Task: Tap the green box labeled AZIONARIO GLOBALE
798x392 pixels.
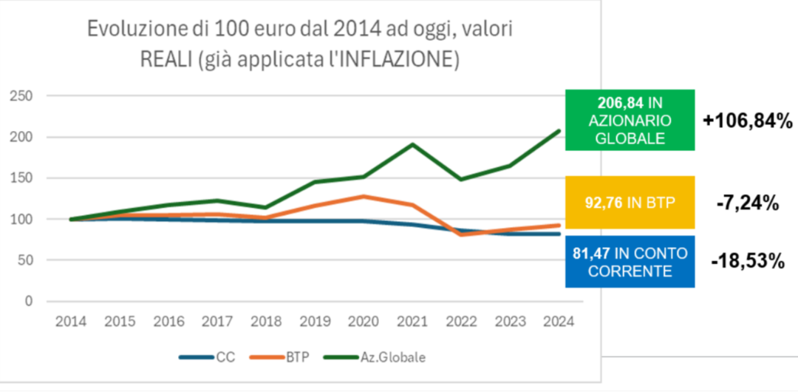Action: click(630, 120)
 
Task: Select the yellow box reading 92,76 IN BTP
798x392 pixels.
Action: click(630, 202)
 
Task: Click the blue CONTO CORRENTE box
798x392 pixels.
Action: click(630, 262)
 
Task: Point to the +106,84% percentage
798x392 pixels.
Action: click(748, 121)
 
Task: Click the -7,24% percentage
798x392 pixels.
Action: click(748, 203)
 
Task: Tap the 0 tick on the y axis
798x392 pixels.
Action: click(29, 301)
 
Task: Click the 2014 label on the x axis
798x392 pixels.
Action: click(71, 322)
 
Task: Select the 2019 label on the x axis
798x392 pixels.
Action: click(316, 322)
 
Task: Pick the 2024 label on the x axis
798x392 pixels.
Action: click(559, 322)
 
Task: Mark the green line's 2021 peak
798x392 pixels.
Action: click(413, 144)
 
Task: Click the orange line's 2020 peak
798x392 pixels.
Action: click(364, 196)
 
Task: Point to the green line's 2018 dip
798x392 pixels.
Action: click(267, 207)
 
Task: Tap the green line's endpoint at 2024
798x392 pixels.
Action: click(559, 131)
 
